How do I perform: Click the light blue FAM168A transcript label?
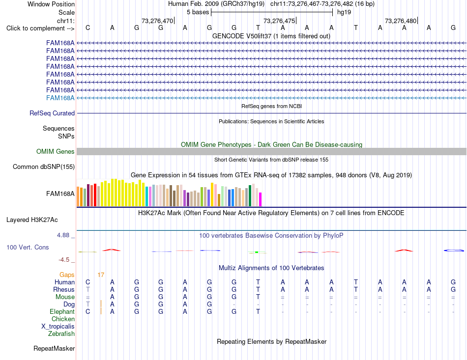click(60, 98)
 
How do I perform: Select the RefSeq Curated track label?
click(52, 113)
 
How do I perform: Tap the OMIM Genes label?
click(56, 151)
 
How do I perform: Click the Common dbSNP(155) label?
click(44, 166)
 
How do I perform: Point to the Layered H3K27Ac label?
click(32, 220)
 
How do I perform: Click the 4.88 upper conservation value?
click(63, 235)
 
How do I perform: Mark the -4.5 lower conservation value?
click(64, 260)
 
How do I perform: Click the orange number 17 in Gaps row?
click(101, 275)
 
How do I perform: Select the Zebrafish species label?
click(61, 333)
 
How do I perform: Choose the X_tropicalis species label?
click(58, 327)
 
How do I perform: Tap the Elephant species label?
click(62, 311)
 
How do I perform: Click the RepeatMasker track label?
click(54, 348)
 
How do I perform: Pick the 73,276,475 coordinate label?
click(279, 21)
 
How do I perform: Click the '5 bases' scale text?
click(198, 12)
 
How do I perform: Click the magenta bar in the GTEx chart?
click(261, 199)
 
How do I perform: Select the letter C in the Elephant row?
click(88, 311)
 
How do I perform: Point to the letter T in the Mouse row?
click(258, 297)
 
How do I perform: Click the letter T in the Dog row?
click(88, 304)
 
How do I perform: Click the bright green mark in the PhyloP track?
click(257, 252)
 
